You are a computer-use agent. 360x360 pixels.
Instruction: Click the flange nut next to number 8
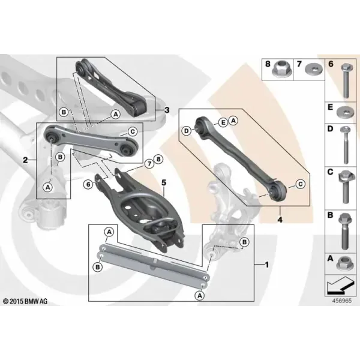click(x=281, y=70)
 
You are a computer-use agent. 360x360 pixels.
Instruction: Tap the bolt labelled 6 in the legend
click(x=347, y=80)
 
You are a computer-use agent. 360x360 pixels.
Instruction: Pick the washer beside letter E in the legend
click(x=346, y=112)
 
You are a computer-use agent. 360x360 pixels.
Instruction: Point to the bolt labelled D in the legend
click(x=346, y=145)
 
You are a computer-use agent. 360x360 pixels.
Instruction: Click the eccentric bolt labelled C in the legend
click(x=346, y=187)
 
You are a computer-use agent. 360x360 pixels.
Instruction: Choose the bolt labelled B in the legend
click(x=345, y=231)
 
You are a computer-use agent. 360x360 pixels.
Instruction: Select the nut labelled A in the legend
click(x=345, y=263)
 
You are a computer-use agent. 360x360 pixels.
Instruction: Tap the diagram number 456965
click(x=342, y=301)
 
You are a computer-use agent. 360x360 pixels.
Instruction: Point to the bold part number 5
click(x=163, y=183)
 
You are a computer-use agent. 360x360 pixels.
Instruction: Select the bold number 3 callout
click(x=167, y=110)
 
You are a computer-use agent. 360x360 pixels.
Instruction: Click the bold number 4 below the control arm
click(x=280, y=220)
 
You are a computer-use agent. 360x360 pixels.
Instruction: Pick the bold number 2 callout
click(x=25, y=160)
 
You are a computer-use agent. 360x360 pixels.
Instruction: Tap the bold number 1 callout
click(x=266, y=265)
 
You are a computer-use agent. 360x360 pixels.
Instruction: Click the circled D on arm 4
click(x=187, y=131)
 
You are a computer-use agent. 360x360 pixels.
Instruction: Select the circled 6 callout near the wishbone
click(x=88, y=184)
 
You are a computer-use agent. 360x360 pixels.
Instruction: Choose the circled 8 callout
click(x=158, y=160)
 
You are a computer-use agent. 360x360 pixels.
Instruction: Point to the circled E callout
click(x=223, y=122)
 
